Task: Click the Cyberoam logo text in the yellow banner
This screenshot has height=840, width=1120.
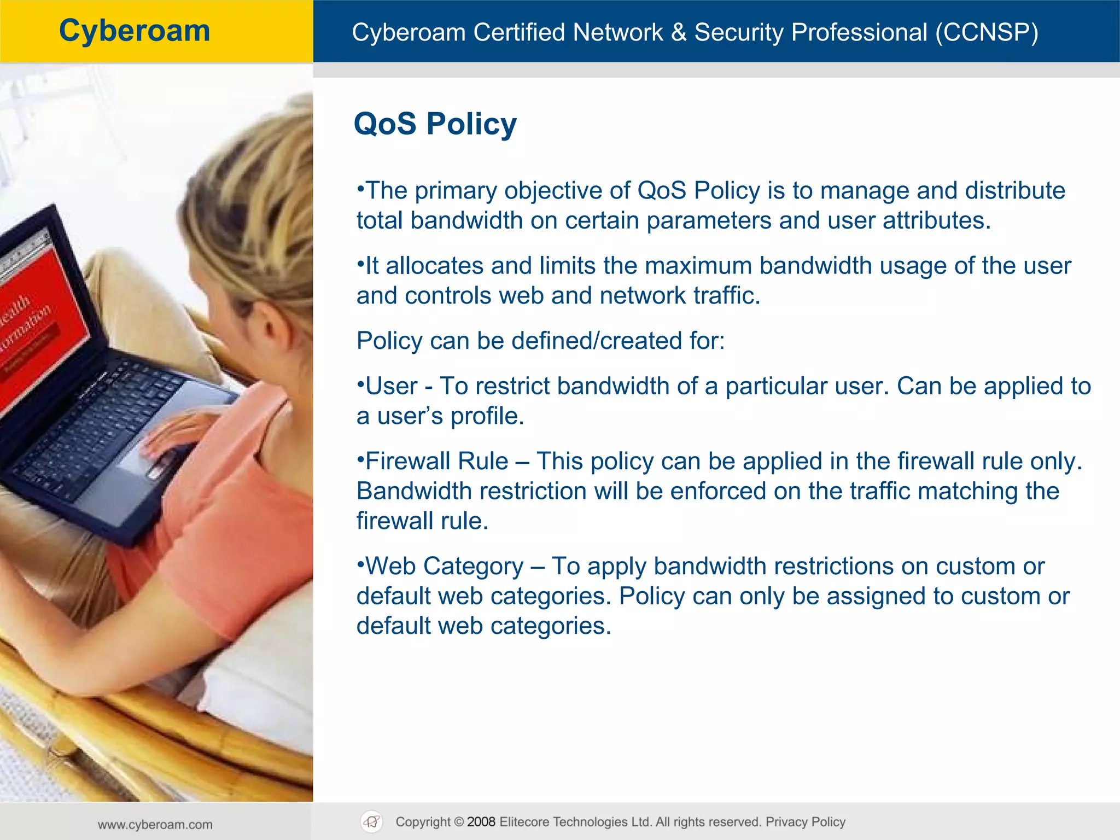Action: point(135,31)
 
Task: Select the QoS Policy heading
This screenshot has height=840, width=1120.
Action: point(435,124)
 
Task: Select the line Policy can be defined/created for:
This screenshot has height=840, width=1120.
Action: point(540,341)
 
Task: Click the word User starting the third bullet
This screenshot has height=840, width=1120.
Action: point(391,386)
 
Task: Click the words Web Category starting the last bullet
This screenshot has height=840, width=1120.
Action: point(444,566)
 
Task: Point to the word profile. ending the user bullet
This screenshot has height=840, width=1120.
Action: point(487,416)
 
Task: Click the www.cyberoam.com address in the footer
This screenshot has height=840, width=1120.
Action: point(155,825)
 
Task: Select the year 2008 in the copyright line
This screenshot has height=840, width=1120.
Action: point(481,822)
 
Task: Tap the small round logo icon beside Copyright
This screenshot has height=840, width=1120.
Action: point(372,822)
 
